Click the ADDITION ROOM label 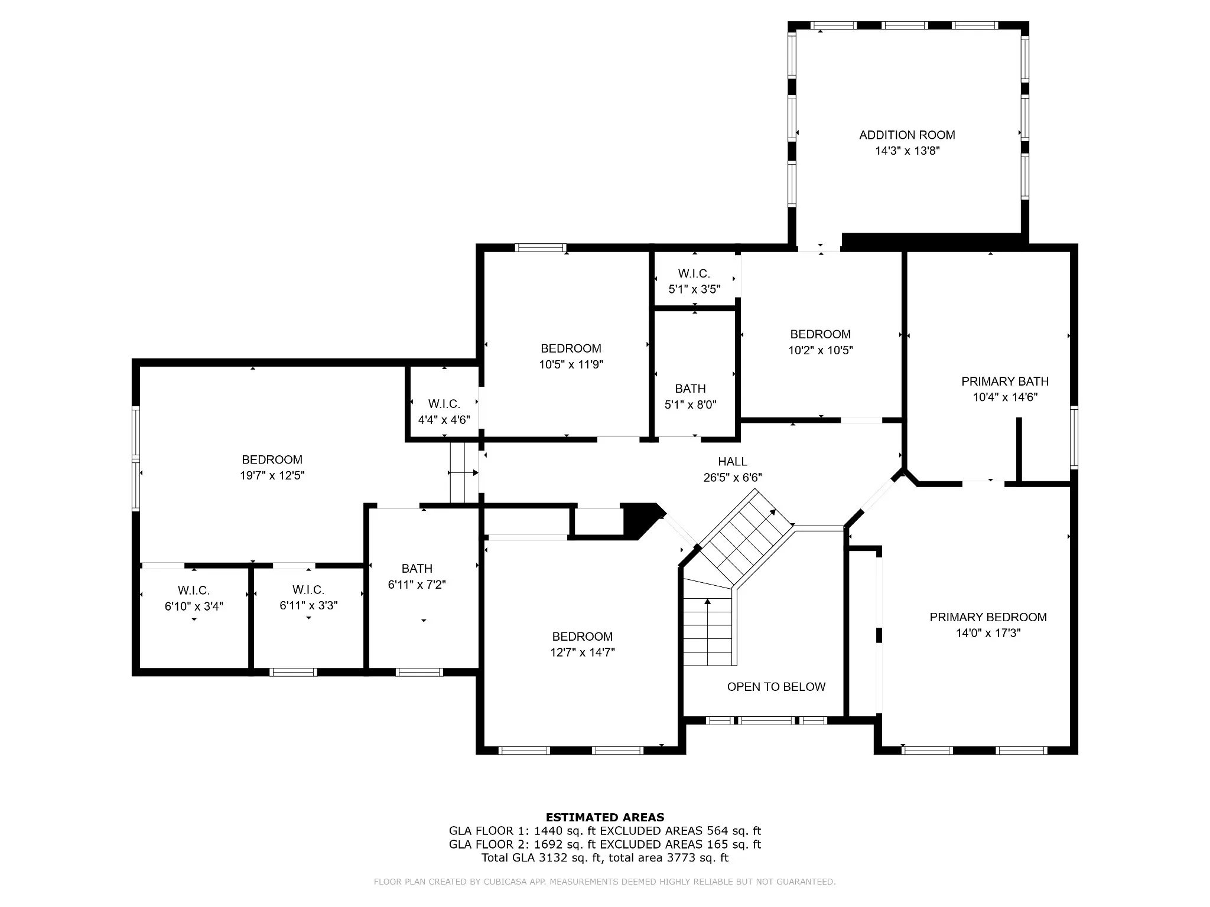pos(907,135)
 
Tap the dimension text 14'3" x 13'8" pos(907,151)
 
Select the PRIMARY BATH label pos(1005,381)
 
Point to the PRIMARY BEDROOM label pos(988,617)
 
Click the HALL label pos(733,462)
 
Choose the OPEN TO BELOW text pos(776,687)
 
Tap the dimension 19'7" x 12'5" pos(272,475)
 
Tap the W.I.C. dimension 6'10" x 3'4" pos(194,606)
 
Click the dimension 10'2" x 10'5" pos(821,350)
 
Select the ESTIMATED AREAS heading pos(605,817)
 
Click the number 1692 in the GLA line pos(547,844)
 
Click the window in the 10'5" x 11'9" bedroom pos(541,248)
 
